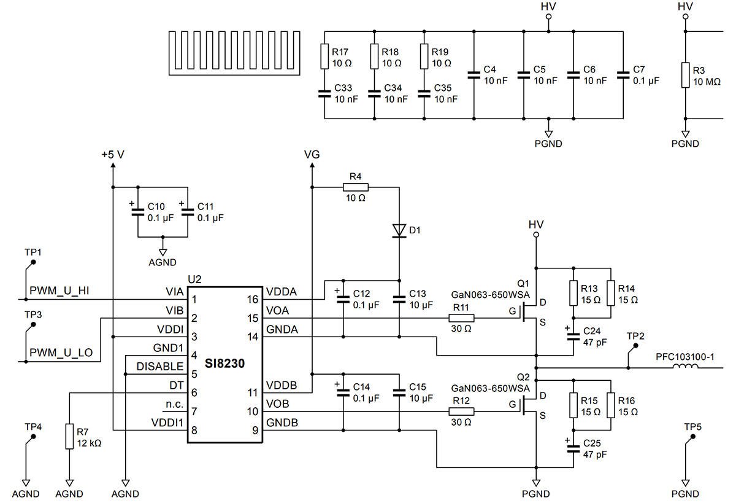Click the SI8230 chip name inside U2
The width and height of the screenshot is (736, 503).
click(224, 364)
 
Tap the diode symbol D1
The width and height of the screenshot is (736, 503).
click(399, 230)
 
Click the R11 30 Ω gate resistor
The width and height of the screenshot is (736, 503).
click(461, 318)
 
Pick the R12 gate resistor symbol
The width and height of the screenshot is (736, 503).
click(461, 411)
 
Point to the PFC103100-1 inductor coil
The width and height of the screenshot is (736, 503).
click(686, 368)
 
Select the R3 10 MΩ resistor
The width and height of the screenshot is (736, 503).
click(686, 74)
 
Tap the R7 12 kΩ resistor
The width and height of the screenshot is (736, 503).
click(69, 437)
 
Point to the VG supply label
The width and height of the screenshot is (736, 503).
click(312, 155)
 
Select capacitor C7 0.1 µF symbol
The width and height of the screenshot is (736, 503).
click(624, 76)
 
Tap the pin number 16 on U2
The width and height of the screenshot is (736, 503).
click(252, 299)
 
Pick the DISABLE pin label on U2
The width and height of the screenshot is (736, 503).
click(159, 367)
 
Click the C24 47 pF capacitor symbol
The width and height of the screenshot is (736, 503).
click(573, 333)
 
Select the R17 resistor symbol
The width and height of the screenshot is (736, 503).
click(325, 57)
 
